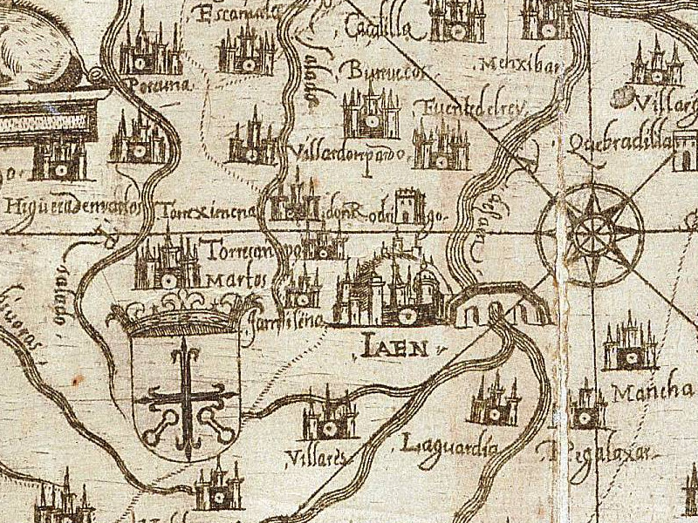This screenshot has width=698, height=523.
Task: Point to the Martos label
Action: pyautogui.click(x=236, y=282)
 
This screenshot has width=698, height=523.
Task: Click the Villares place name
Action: pyautogui.click(x=310, y=456)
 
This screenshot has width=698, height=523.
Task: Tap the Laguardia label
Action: pyautogui.click(x=449, y=448)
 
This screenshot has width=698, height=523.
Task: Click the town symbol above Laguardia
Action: pyautogui.click(x=495, y=404)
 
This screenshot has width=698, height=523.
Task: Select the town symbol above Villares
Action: pyautogui.click(x=330, y=417)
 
